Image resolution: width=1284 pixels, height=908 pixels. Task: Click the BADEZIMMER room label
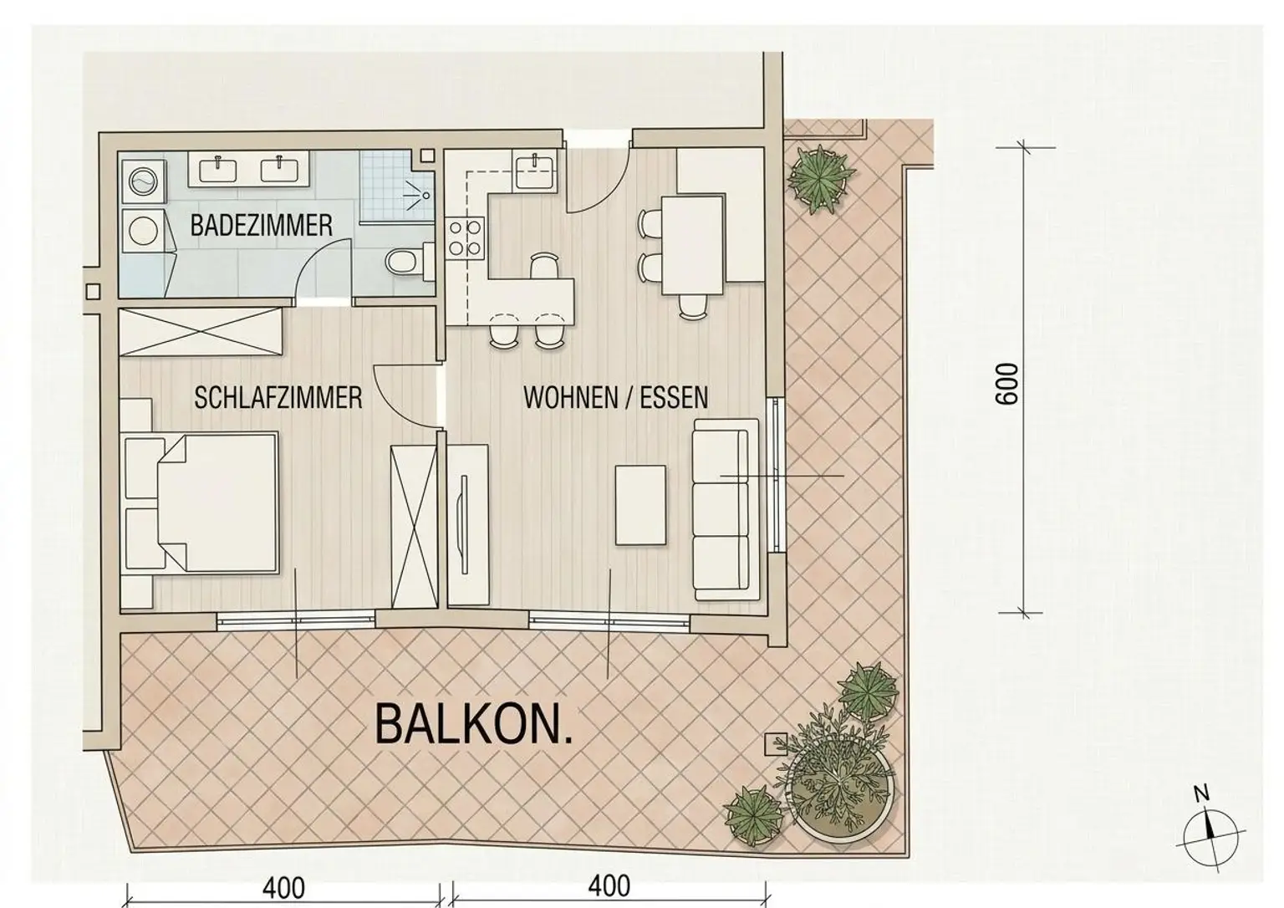(x=262, y=225)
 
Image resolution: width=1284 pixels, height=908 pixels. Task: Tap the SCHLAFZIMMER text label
(x=278, y=397)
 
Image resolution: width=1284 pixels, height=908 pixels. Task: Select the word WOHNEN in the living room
(x=570, y=397)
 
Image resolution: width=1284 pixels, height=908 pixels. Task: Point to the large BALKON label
(x=473, y=725)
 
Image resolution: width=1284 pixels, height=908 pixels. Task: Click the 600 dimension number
(x=1008, y=384)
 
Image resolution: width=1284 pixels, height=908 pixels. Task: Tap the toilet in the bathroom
(x=408, y=263)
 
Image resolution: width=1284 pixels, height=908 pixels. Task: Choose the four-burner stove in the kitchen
(x=465, y=237)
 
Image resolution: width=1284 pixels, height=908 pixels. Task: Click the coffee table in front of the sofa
(x=641, y=505)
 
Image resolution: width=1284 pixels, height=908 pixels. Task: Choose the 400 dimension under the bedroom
(x=283, y=888)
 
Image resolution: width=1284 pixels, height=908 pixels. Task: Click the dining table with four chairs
(x=692, y=245)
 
